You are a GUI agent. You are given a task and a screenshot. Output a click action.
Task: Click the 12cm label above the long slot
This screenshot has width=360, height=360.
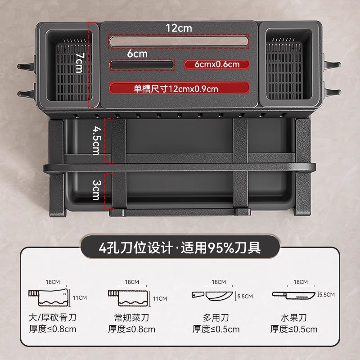[179, 28]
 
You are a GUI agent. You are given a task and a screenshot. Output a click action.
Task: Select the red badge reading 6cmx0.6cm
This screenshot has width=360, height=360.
[217, 64]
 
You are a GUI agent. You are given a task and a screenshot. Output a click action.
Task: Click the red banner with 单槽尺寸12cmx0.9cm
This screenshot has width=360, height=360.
[179, 88]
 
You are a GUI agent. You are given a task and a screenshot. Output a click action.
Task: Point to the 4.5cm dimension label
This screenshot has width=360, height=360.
[96, 140]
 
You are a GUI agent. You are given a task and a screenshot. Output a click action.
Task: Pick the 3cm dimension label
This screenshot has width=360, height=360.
[97, 190]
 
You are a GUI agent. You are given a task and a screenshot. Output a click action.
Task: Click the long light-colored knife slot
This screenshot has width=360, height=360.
[179, 41]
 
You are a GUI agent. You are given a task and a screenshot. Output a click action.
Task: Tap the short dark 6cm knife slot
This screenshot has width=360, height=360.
[142, 65]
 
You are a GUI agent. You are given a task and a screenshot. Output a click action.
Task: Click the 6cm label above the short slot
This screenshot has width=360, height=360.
[137, 54]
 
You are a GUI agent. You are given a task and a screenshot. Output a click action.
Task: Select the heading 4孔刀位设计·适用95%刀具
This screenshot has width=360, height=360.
[180, 247]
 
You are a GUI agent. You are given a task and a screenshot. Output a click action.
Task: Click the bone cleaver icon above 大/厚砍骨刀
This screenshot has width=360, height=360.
[49, 298]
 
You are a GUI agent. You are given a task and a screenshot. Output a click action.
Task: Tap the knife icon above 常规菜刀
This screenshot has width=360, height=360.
[128, 298]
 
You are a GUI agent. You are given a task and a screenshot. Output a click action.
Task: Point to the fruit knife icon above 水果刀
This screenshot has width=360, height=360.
[294, 295]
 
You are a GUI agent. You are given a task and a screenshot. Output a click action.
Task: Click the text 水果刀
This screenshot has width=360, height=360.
[293, 318]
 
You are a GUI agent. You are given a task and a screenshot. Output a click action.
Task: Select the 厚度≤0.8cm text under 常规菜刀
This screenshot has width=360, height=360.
[131, 329]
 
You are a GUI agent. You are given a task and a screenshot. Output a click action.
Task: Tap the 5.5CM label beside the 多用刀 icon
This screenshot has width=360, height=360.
[245, 297]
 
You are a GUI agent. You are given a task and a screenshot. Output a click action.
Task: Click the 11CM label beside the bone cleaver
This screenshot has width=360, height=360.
[80, 298]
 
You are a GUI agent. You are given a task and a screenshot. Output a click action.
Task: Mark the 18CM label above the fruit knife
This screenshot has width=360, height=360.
[301, 282]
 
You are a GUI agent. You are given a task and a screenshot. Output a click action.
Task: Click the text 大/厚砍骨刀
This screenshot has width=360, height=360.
[52, 318]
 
